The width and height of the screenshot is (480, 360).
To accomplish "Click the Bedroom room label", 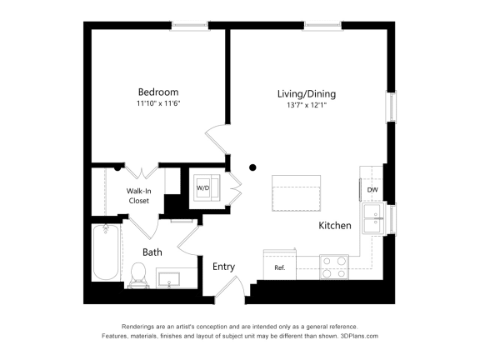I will [157, 92].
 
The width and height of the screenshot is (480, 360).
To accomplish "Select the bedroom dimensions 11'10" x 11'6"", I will [157, 104].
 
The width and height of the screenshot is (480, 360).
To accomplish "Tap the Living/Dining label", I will [307, 94].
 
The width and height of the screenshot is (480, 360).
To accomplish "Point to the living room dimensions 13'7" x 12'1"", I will [307, 106].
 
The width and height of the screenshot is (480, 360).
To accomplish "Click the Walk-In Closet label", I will [138, 195].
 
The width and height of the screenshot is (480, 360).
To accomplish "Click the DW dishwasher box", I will [372, 189].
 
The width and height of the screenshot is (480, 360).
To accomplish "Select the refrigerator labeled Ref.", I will [280, 267].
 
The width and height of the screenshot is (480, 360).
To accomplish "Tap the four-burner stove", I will [335, 266].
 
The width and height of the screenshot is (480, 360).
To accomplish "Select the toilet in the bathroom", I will [139, 272].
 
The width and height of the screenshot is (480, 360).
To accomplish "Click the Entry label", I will [223, 267].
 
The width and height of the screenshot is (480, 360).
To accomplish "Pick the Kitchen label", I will [334, 226].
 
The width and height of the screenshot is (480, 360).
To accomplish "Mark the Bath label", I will [152, 252].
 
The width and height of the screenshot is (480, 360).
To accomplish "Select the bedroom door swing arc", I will [215, 137].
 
